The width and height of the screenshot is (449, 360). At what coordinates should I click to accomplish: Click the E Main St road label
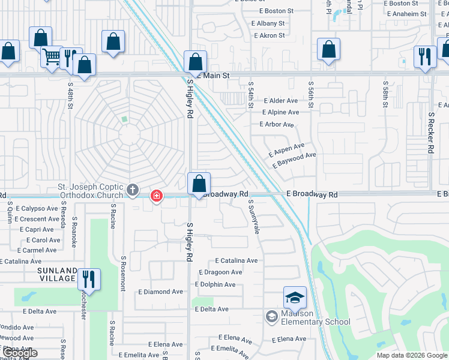tap(215, 76)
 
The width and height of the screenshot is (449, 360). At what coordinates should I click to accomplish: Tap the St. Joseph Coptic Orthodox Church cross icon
tap(133, 191)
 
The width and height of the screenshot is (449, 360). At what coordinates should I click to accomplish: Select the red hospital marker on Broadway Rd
tap(156, 196)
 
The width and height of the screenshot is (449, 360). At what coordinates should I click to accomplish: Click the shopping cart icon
tap(52, 57)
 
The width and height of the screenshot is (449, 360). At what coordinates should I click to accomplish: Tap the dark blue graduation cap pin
tap(295, 298)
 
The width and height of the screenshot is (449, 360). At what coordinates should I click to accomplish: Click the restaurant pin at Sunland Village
tap(89, 280)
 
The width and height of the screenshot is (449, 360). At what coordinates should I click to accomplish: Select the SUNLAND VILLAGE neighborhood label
tap(58, 274)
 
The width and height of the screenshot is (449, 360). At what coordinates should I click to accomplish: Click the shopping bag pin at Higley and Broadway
tap(199, 184)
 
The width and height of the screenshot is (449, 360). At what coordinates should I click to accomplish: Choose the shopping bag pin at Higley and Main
tap(195, 62)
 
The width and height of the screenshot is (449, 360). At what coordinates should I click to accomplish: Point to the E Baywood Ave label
tap(294, 160)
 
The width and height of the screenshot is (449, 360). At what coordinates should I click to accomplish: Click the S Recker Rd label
tap(431, 132)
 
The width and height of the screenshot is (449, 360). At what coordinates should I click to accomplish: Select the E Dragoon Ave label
tap(220, 272)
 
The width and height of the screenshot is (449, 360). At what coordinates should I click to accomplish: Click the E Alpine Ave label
tap(280, 112)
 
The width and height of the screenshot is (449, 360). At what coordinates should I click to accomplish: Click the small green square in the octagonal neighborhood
tap(124, 119)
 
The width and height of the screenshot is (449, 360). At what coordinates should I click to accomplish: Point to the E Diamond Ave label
tap(160, 292)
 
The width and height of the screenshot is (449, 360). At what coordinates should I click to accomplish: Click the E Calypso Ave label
tap(37, 208)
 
